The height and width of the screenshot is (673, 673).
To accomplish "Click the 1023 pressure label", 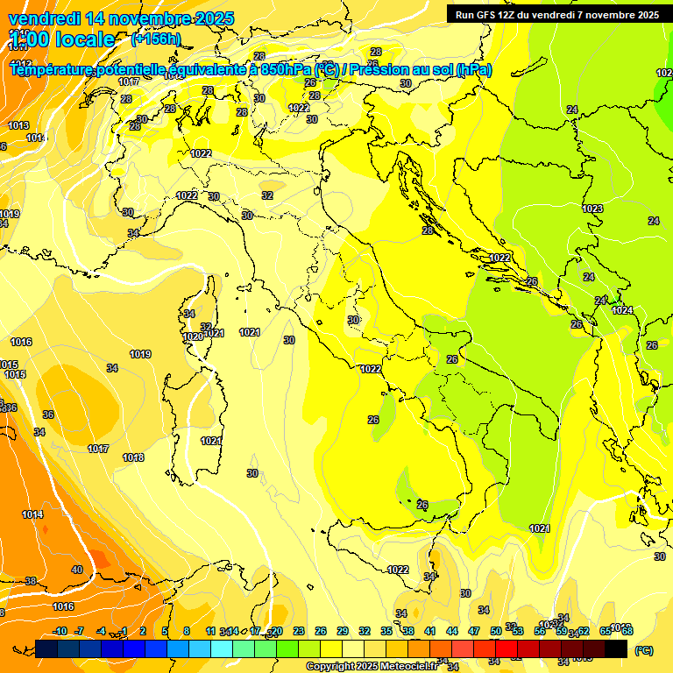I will pos(592,209).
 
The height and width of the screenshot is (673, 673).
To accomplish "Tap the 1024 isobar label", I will pos(622,310).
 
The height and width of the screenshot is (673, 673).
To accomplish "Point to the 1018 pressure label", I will pos(133,457).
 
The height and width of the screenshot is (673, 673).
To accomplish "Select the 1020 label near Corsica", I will pos(193,336).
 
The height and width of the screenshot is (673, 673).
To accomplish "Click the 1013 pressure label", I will pos(18,125).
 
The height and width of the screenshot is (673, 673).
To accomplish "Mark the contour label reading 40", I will pos(77,570).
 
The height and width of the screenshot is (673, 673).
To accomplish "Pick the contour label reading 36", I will pos(48,414).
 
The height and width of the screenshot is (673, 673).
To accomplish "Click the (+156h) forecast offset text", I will pos(155,39).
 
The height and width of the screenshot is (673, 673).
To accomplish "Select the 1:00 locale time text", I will pos(62,39).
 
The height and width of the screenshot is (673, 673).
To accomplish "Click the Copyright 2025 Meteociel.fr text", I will pos(372,666).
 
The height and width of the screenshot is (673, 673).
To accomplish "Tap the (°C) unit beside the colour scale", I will pos(643,650).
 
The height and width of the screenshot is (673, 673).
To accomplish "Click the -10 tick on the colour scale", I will pos(60,631).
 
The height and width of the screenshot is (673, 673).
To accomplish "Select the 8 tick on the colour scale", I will pos(187,631).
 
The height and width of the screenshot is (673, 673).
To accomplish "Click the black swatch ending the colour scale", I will pos(616,648).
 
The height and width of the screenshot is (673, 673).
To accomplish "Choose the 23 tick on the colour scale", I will pos(298,631).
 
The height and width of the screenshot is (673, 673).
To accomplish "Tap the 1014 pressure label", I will pos(32,514).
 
